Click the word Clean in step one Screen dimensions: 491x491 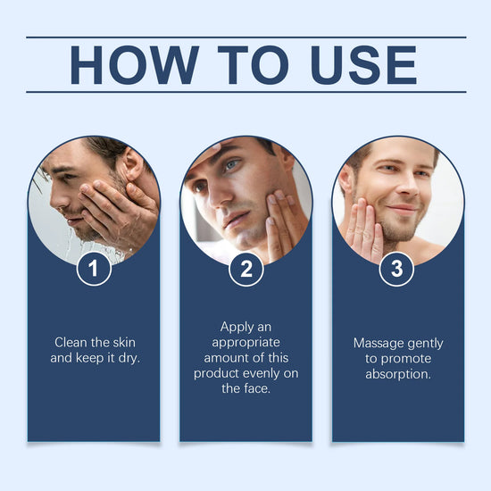pos(72,342)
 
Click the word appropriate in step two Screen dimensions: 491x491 pos(245,342)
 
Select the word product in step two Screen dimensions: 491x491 pos(216,373)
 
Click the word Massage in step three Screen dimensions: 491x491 pos(379,343)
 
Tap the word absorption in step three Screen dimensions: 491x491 pos(398,374)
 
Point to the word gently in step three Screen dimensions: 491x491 pos(425,343)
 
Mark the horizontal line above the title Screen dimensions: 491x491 pos(245,37)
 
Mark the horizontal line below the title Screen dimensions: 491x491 pos(245,92)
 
